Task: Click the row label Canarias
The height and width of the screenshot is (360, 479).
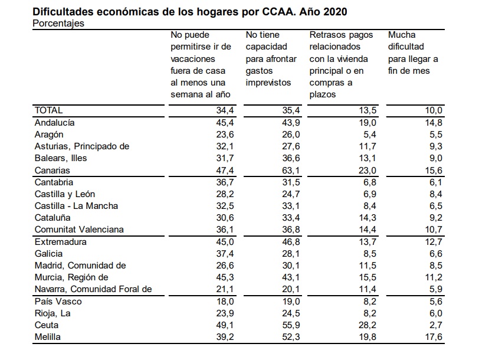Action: click(53, 171)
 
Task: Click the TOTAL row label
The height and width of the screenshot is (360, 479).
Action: click(48, 110)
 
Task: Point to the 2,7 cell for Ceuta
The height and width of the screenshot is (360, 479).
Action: click(435, 325)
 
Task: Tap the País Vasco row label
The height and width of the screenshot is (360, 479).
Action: click(59, 301)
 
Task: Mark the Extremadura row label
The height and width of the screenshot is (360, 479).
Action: click(61, 242)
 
